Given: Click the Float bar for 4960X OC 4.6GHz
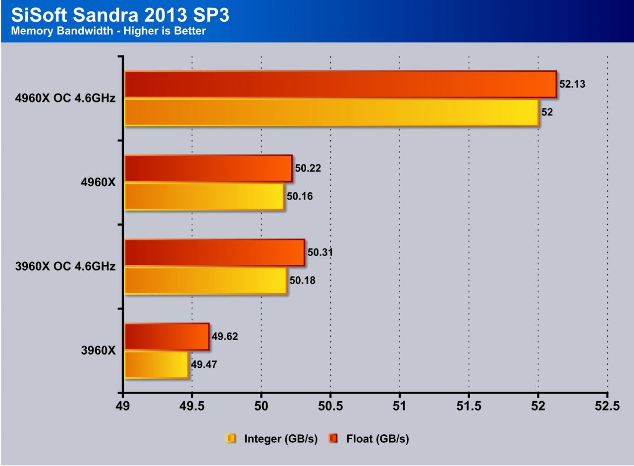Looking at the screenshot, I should pos(340,84).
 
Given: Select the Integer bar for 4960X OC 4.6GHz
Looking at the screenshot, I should pos(331,112).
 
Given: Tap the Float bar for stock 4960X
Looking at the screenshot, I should pos(208,168).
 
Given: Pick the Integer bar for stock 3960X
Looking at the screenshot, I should pos(157,365).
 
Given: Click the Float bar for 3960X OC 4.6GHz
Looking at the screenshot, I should pos(214,253).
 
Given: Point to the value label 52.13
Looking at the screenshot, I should pos(572,84).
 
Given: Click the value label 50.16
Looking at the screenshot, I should pos(300,197).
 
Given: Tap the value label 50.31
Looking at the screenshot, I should pos(320,253).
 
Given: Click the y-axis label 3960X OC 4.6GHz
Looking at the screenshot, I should pos(65,266).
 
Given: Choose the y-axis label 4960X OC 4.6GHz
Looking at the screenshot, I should pos(65,98).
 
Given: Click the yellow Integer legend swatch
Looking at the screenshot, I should pos(231,438).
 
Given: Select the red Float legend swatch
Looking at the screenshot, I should pos(334,438).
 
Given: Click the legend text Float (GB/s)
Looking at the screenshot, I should pos(377,438).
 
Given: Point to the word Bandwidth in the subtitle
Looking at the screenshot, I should pos(72,31).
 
